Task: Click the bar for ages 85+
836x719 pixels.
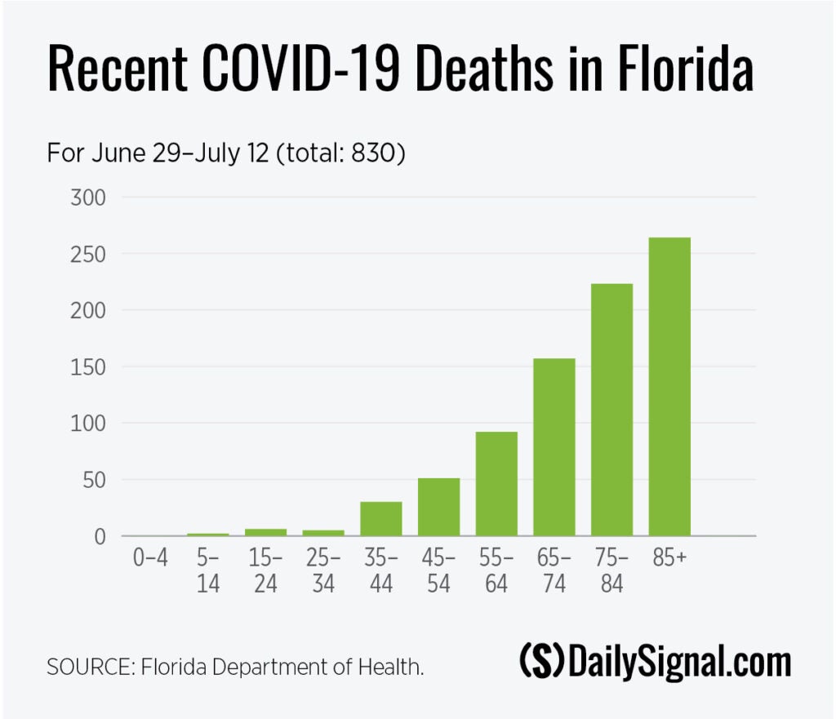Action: [669, 387]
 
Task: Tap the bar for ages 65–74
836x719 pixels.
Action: [554, 447]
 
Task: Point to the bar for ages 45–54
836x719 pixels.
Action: [438, 507]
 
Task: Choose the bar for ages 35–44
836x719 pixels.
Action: [381, 519]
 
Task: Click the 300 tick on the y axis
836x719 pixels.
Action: [89, 198]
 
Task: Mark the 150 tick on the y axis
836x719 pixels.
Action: [89, 367]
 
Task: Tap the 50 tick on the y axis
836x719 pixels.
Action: [95, 480]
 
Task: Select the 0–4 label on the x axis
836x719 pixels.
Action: [150, 561]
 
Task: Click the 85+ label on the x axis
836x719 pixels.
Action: [669, 561]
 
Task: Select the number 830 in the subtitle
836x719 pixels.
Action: [370, 153]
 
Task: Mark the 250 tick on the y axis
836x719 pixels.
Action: [89, 254]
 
